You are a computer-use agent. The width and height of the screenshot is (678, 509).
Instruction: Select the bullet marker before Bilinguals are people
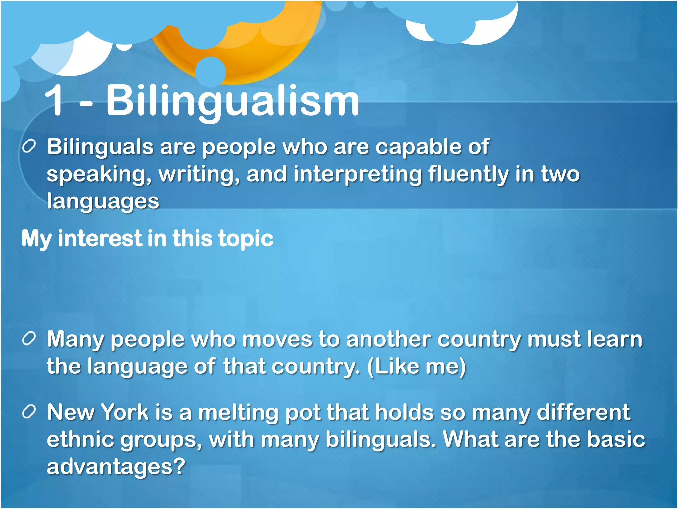point(29,146)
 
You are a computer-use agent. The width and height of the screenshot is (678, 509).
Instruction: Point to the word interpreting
point(358,174)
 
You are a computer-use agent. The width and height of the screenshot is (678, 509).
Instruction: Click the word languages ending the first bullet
point(103,201)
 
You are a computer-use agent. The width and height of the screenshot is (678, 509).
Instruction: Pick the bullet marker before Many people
point(29,339)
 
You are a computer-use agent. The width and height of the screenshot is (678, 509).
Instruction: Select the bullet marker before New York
point(29,412)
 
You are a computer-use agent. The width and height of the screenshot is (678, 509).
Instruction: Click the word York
point(124,412)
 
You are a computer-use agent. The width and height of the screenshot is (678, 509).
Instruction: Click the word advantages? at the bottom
point(116,467)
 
